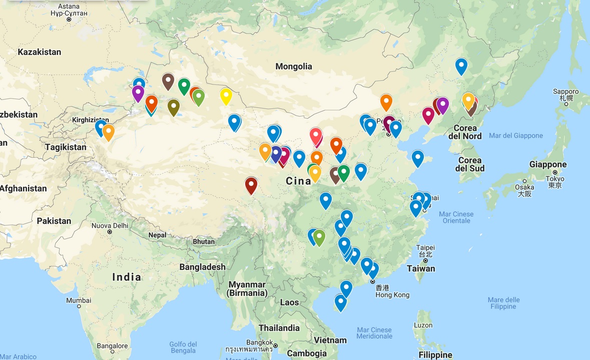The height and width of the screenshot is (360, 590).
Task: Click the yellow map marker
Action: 226,95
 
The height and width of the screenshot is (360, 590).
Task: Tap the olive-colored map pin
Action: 173,106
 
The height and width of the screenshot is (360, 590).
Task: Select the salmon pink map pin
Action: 315,135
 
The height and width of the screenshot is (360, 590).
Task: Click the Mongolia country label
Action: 294,66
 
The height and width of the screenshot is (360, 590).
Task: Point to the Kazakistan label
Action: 39,52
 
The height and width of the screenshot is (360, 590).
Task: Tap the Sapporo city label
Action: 566,92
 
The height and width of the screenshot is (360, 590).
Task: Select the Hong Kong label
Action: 392,295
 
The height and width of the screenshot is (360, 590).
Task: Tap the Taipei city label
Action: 425,248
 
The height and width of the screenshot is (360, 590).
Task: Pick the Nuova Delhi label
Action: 110,226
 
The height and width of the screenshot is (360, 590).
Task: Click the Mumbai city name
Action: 79,300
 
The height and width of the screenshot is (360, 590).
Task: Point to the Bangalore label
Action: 113,345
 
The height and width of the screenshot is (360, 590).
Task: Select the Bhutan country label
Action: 203,242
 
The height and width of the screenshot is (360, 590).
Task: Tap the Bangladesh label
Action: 202,267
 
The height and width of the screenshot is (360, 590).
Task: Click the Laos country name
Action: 289,302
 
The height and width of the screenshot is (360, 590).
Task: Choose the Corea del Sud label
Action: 469,164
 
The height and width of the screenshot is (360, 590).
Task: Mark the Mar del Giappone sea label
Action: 515,136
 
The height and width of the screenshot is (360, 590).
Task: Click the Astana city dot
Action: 69,19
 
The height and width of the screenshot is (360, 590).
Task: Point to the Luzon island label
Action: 423,325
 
